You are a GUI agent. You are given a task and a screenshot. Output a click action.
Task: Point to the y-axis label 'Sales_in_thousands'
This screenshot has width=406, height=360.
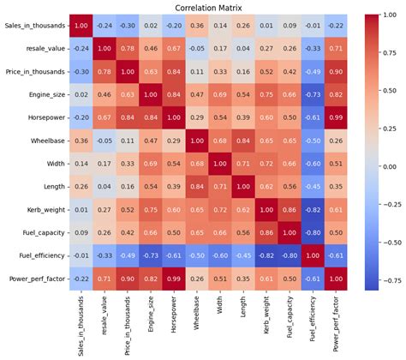[x=34, y=27]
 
